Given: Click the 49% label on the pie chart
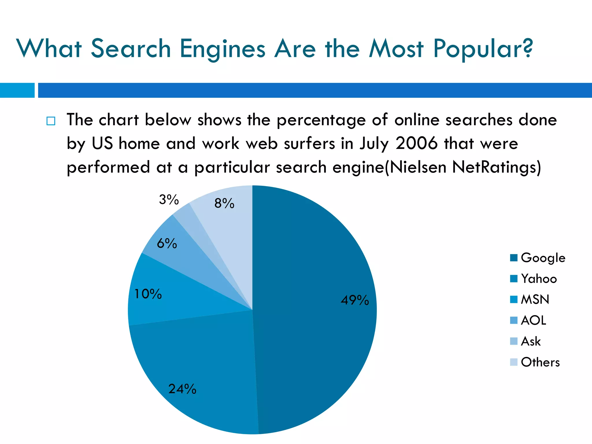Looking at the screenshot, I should (355, 300).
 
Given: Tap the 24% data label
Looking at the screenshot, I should (182, 389).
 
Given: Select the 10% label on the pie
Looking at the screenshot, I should (148, 294).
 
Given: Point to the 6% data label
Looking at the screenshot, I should (167, 243).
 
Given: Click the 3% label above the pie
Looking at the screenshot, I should (169, 199).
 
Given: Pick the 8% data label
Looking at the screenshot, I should (224, 203).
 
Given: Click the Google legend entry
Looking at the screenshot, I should (543, 258).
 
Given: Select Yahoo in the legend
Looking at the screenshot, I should (539, 279).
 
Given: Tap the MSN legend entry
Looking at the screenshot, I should (535, 299).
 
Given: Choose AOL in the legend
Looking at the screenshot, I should (534, 320).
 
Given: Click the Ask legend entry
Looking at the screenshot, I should (531, 341).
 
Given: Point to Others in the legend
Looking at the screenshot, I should (540, 362).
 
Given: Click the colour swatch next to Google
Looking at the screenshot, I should (514, 258).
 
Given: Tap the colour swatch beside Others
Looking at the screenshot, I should (514, 362).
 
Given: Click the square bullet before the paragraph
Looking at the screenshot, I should (51, 121).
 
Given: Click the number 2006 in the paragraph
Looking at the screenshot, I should (417, 143).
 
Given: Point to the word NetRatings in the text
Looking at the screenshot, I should (496, 167).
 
